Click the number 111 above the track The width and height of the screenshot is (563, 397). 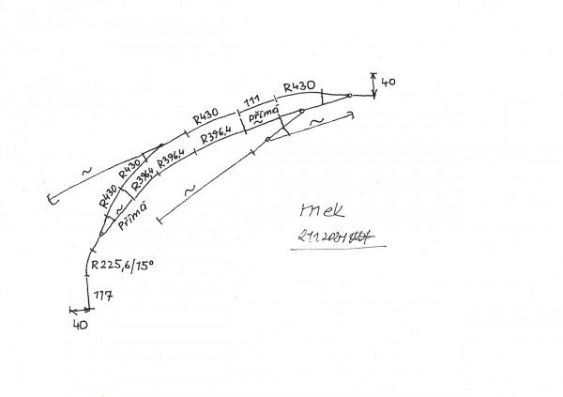(x=251, y=99)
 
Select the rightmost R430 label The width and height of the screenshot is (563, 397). (x=299, y=85)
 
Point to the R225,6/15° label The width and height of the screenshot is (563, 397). (x=123, y=267)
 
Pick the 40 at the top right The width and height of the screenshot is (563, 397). (x=389, y=83)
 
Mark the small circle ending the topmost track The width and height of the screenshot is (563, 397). (x=349, y=95)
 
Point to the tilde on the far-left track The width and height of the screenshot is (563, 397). (x=86, y=172)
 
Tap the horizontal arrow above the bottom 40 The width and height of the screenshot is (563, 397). (x=84, y=309)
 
